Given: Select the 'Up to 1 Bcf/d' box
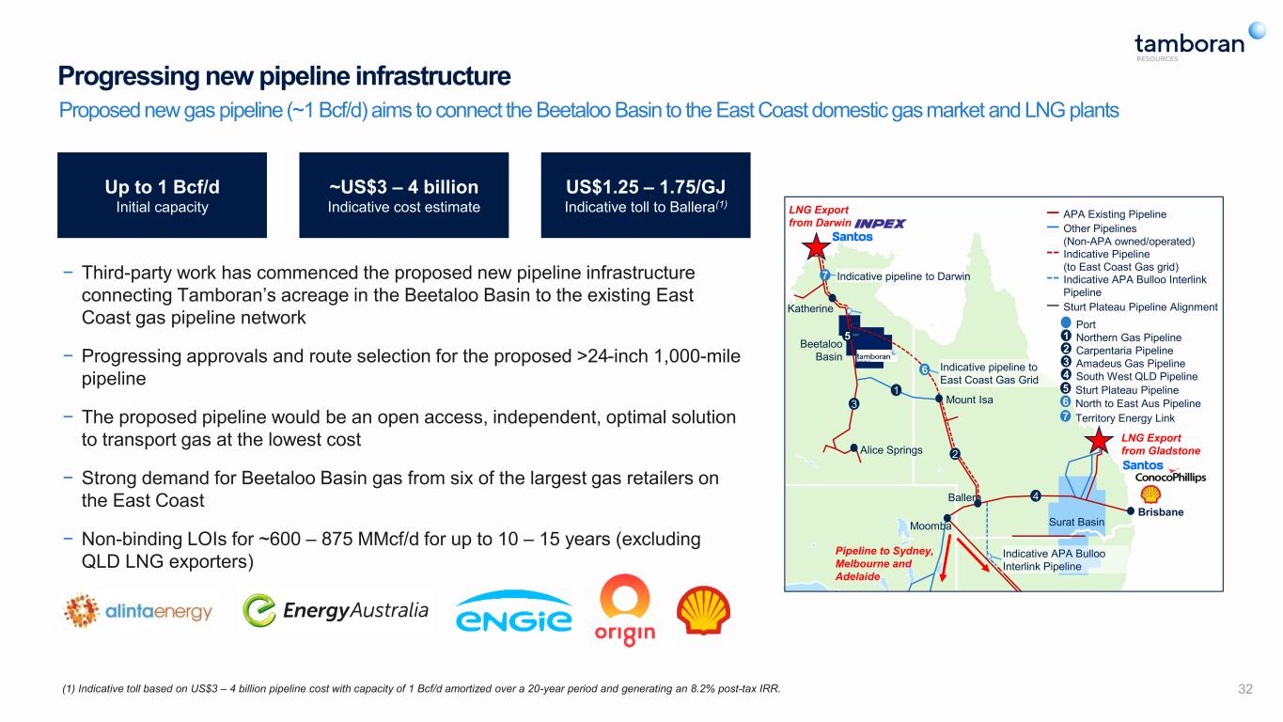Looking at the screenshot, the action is [x=162, y=195].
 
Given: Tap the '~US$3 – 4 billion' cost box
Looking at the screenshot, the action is [x=404, y=195].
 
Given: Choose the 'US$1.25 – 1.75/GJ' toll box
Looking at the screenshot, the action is [x=646, y=195].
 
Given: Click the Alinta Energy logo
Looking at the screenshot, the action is [x=138, y=611].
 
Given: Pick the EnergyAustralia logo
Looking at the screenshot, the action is [x=336, y=610].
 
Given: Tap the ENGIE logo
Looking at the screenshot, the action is [x=514, y=612].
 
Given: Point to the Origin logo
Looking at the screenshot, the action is [x=625, y=610].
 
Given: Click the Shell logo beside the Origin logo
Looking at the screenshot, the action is [x=703, y=610].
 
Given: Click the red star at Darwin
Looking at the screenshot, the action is [x=816, y=247].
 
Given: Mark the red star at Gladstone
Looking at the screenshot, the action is [x=1099, y=441].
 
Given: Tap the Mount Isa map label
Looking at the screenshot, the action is [x=969, y=400].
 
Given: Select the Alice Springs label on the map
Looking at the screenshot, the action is [x=891, y=449].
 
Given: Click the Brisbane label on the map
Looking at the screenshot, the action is [x=1161, y=511].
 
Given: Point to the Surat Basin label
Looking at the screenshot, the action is [x=1076, y=522].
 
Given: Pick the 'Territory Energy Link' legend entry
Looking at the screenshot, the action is [x=1119, y=417].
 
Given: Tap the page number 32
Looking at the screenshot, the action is [x=1245, y=689].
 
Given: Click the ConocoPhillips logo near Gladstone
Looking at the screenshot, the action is [x=1170, y=477].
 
